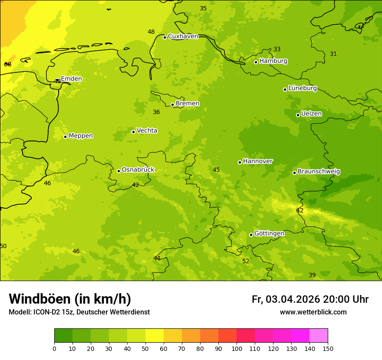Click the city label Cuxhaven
(183, 36)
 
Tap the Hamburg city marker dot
(256, 62)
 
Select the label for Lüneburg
(302, 88)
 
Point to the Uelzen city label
(311, 114)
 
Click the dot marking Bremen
(172, 105)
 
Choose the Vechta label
(147, 131)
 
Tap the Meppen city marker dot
(65, 137)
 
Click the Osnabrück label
(138, 170)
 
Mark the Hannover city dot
(240, 162)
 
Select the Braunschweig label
(319, 172)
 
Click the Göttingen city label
(269, 234)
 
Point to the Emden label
(71, 79)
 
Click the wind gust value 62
(300, 211)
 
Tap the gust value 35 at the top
(203, 9)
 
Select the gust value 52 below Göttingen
(246, 262)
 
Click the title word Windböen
(40, 299)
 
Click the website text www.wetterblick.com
(313, 312)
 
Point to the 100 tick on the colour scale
(237, 348)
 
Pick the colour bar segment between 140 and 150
(319, 335)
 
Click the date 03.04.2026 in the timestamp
(293, 300)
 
